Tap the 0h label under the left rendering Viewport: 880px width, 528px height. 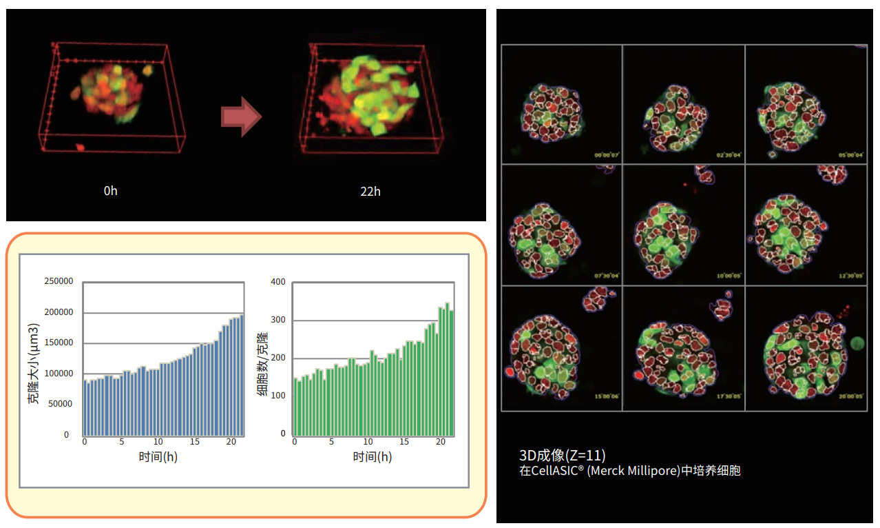[111, 191]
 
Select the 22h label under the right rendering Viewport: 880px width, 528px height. [370, 191]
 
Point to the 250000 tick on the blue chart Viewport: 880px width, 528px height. [59, 281]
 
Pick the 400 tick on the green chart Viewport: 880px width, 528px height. [278, 282]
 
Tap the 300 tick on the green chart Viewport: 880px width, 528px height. [278, 320]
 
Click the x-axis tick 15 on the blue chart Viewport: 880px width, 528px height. [195, 442]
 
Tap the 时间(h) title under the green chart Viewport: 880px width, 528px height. [373, 456]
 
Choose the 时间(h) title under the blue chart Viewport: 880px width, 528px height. [158, 456]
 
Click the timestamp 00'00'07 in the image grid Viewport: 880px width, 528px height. [607, 156]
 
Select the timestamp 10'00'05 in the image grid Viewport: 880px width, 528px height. [729, 276]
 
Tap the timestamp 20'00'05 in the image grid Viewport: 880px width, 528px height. [850, 397]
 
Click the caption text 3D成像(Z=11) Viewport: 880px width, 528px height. [563, 455]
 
